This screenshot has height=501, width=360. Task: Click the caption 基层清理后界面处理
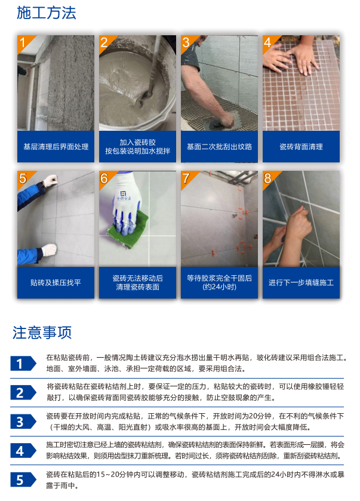coord(56,147)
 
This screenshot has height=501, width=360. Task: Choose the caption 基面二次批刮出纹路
coord(219,147)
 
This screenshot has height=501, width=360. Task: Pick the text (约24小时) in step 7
coord(219,287)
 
